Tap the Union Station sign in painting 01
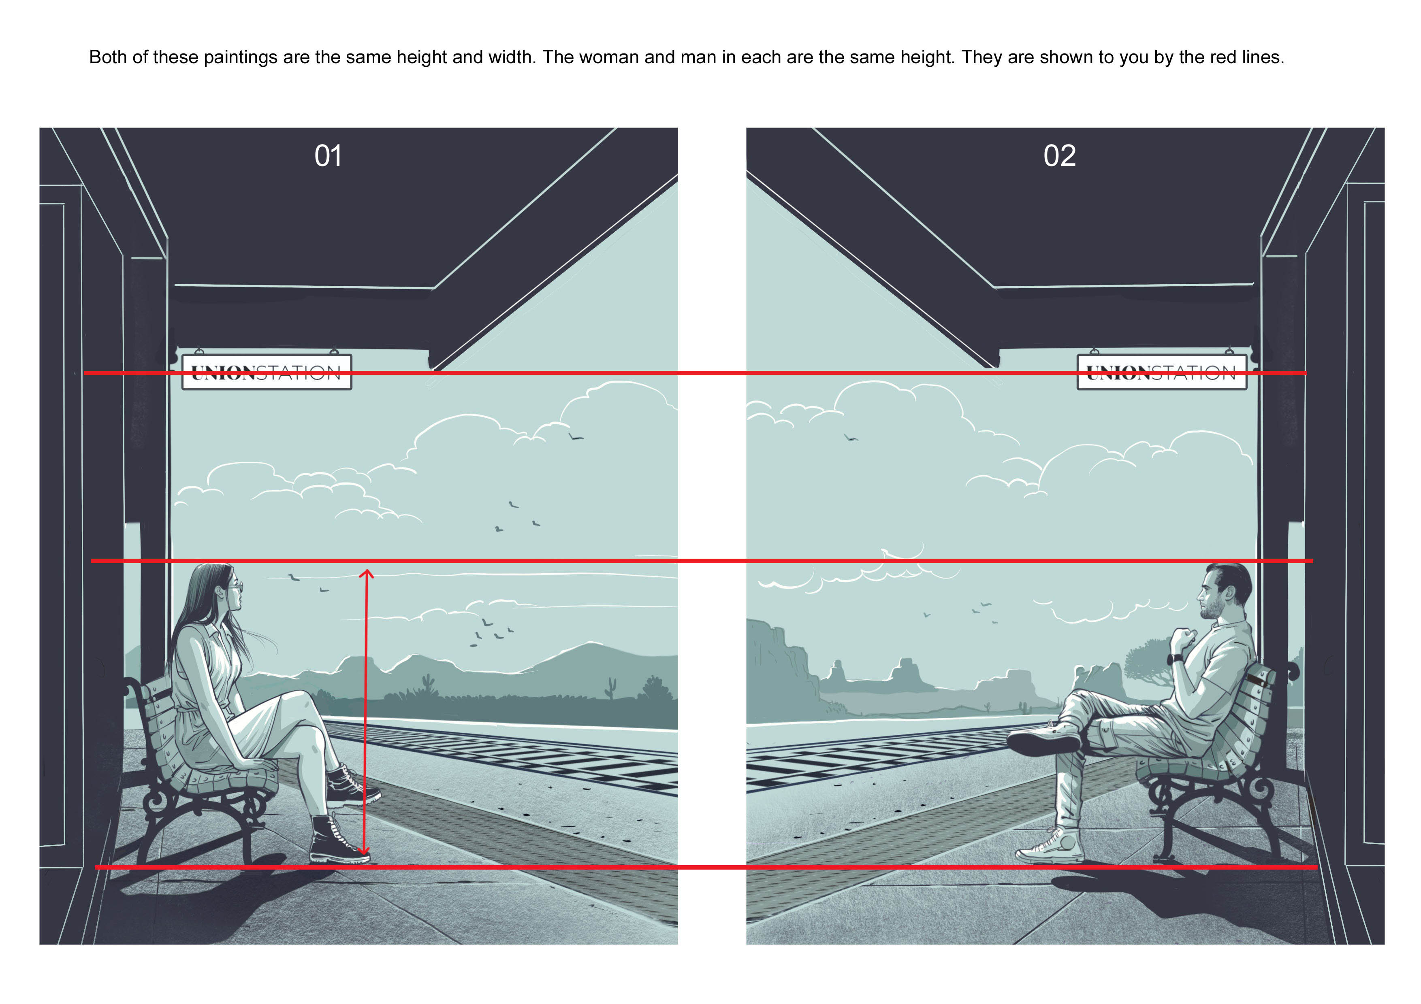pyautogui.click(x=267, y=372)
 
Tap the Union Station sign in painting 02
pyautogui.click(x=1162, y=372)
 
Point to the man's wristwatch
pyautogui.click(x=1174, y=659)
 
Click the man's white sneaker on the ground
pyautogui.click(x=1050, y=846)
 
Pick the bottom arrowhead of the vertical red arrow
pyautogui.click(x=365, y=852)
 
